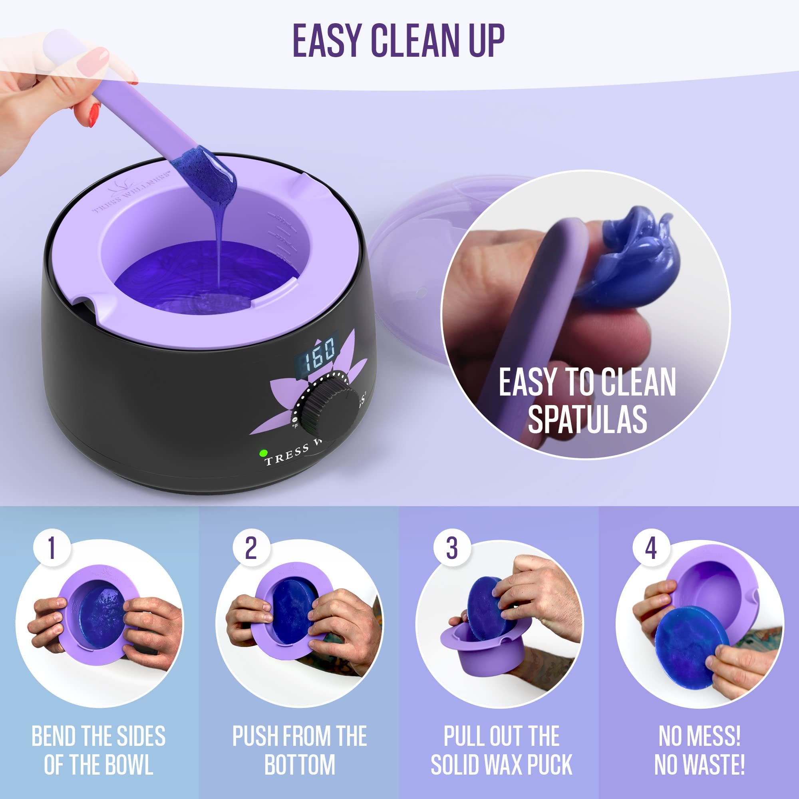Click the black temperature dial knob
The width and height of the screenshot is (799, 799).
329,409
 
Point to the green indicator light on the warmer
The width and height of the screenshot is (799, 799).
262,453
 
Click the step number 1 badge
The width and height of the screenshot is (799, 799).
51,549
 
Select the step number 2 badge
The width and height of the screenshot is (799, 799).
251,549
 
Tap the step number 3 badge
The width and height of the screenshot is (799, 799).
451,549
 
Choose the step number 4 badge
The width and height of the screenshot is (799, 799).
651,549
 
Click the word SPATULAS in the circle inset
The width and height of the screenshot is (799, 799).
587,419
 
